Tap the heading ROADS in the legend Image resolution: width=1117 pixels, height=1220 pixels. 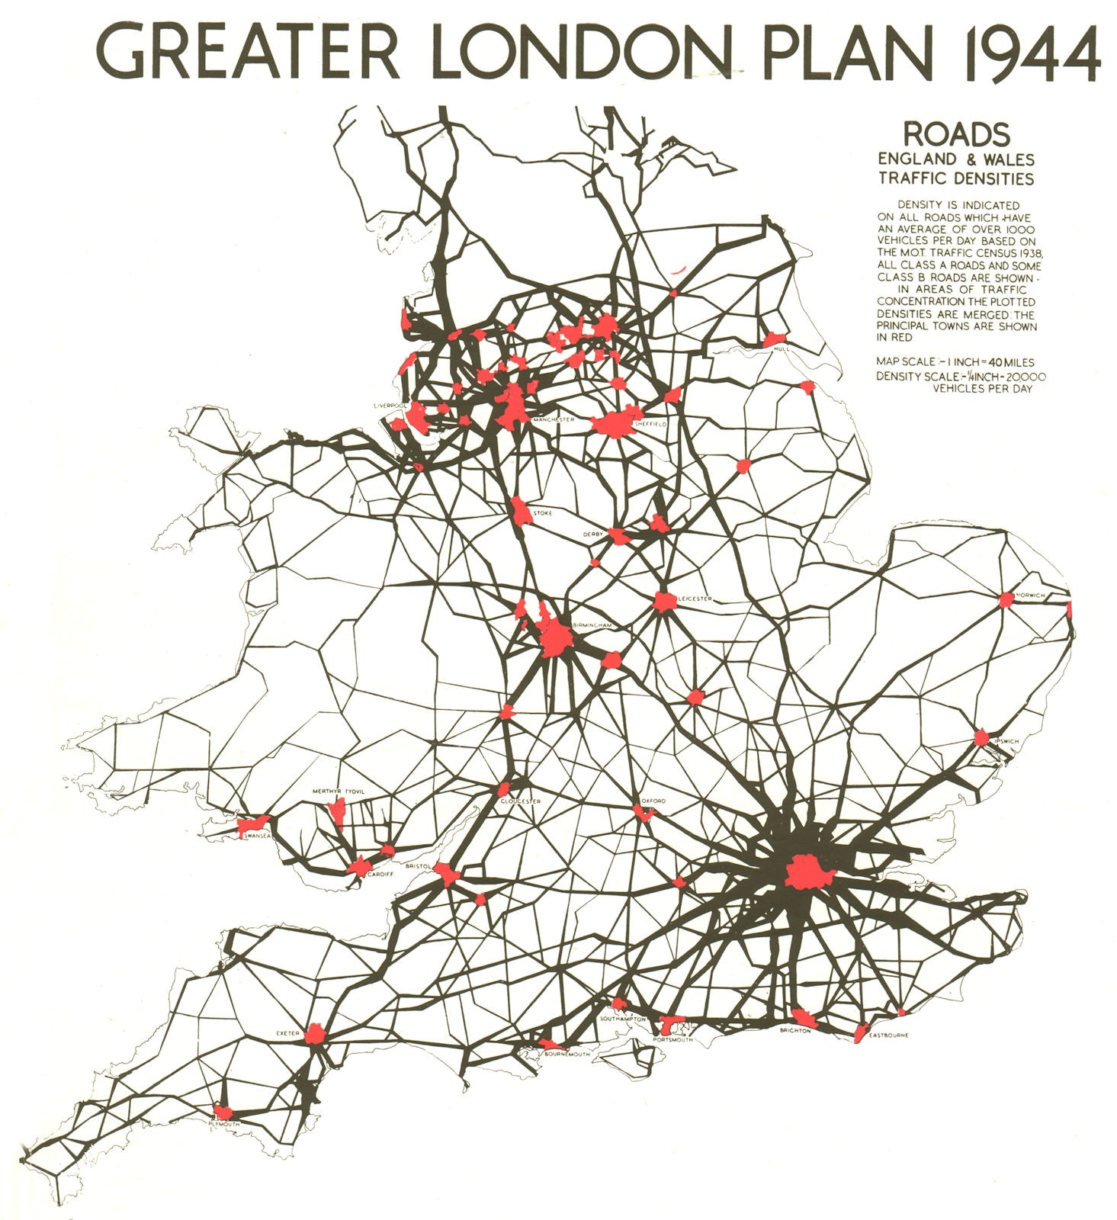956,134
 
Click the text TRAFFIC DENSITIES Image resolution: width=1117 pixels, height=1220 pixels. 956,179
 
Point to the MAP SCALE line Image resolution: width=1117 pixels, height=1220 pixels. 955,362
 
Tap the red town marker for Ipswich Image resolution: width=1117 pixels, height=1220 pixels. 981,738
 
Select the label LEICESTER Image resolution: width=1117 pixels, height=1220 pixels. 695,599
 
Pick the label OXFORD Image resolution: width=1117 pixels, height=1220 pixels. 653,801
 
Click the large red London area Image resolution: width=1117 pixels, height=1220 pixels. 808,872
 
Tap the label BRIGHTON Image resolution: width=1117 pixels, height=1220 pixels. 794,1031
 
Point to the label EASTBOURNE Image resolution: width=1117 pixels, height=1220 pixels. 886,1035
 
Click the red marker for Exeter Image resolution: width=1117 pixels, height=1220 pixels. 315,1034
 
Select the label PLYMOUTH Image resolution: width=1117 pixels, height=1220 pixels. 224,1125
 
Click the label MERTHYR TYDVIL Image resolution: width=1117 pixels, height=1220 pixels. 339,792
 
